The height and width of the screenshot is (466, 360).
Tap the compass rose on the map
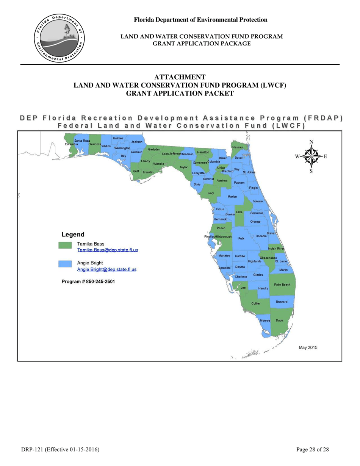coord(311,156)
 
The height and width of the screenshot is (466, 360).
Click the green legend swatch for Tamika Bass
coord(65,245)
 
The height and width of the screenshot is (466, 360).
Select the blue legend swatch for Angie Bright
coord(65,264)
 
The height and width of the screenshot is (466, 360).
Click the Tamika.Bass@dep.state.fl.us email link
coord(107,250)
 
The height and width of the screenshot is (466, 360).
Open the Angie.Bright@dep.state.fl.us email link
coord(106,269)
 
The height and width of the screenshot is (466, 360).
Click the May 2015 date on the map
coord(308,347)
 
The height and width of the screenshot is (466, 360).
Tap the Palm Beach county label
coord(282,285)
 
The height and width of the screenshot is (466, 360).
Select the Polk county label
coord(241,239)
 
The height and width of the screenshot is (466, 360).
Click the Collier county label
coord(255,303)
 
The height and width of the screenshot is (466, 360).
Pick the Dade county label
coord(279,321)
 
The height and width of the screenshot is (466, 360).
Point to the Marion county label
coord(232,197)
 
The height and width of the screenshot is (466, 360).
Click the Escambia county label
coord(71,144)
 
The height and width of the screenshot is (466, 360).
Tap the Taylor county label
coord(184,167)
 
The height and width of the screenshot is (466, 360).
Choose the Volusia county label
coord(258,201)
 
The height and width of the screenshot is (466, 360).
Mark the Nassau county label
coord(237,147)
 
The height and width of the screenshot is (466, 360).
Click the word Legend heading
coord(73,235)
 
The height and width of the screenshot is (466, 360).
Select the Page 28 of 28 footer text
coord(312,449)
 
